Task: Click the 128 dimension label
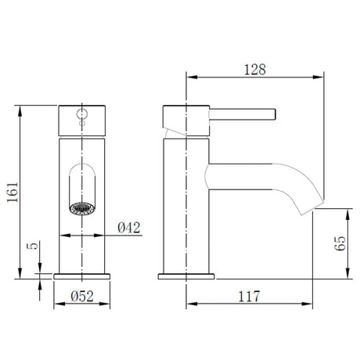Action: [255, 70]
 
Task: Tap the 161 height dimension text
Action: [13, 193]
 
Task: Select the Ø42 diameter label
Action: [129, 228]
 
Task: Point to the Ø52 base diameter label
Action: [82, 296]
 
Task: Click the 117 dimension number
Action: [249, 296]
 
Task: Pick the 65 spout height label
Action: [340, 243]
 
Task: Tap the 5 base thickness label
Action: [33, 246]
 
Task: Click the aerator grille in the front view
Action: [82, 209]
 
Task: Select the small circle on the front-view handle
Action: [82, 114]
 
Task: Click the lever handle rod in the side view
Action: [243, 114]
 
